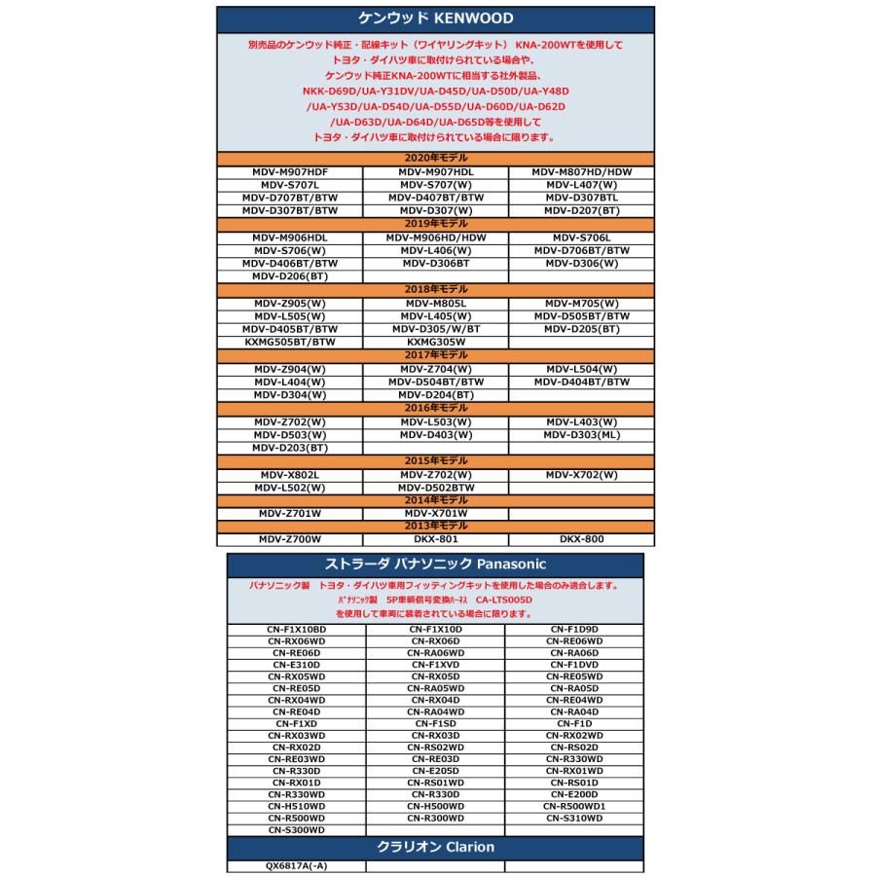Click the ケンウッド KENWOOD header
click(435, 18)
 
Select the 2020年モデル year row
click(435, 158)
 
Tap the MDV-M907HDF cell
click(289, 171)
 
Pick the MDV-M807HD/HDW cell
click(582, 171)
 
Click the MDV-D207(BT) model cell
click(582, 209)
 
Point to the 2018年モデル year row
click(435, 289)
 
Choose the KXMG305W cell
click(435, 342)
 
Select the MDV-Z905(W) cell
click(289, 303)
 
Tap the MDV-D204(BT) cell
click(435, 395)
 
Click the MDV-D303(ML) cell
click(582, 434)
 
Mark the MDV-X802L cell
click(289, 474)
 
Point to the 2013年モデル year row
click(435, 526)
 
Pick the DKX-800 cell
click(582, 538)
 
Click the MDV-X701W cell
click(435, 513)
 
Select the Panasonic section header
click(435, 565)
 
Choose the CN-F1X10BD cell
click(296, 630)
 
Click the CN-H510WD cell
click(296, 806)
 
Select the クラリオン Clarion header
click(435, 847)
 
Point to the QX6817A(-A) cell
click(296, 866)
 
